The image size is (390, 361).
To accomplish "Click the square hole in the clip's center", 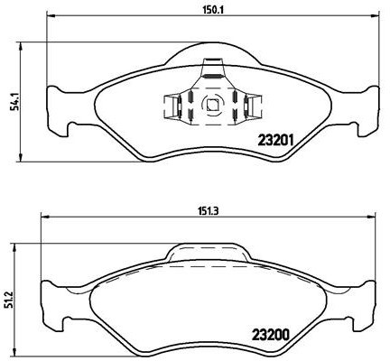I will click(212, 104).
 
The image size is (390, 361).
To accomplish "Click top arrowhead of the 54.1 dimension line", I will click(19, 46).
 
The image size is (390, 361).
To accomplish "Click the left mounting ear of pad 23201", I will click(55, 107).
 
